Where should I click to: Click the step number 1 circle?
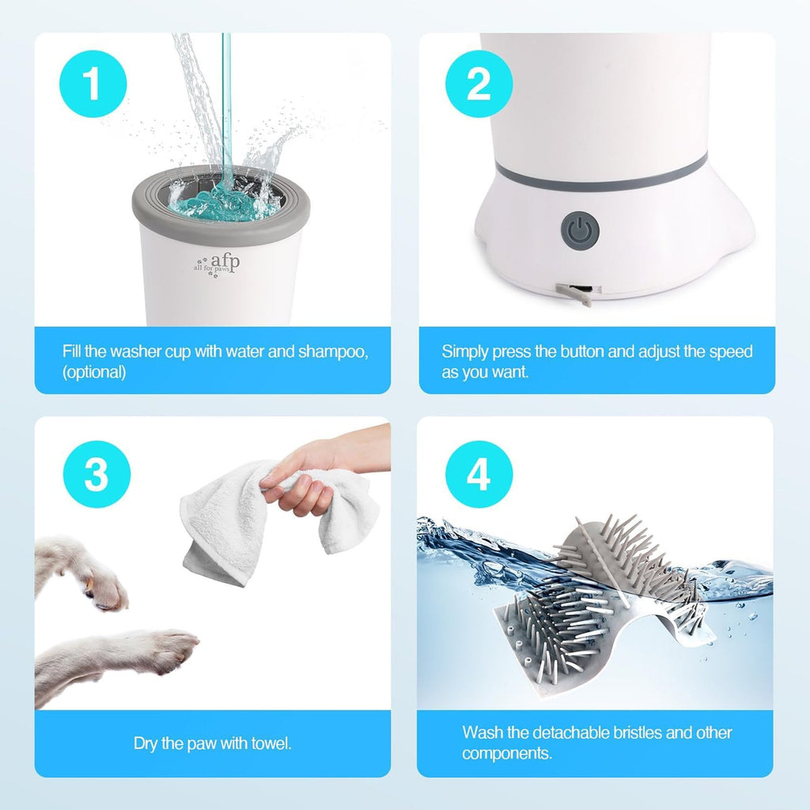point(93,84)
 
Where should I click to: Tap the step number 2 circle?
point(479,84)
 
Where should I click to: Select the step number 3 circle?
point(97,475)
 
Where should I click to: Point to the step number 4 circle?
point(479,475)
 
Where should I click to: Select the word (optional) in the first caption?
point(94,373)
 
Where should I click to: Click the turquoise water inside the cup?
point(221,208)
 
